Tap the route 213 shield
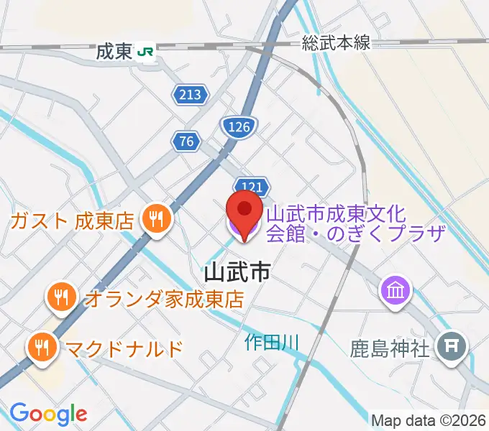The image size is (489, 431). click(190, 93)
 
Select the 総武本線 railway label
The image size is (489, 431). click(336, 43)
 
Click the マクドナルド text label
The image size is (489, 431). click(124, 349)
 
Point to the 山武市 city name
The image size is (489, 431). click(238, 272)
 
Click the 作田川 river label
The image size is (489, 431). click(270, 342)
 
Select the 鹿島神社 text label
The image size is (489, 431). click(390, 349)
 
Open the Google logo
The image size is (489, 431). click(48, 414)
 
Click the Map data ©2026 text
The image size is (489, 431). click(429, 420)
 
